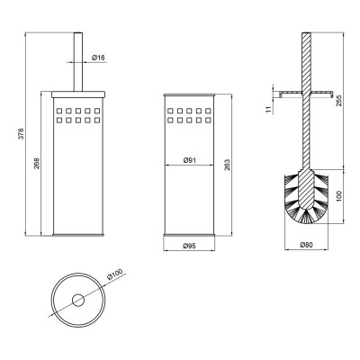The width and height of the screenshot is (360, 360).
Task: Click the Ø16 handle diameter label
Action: [x=98, y=58]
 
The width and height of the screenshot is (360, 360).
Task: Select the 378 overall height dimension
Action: [x=21, y=134]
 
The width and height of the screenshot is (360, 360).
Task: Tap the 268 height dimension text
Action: [x=37, y=163]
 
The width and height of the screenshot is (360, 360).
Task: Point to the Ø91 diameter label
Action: [x=189, y=160]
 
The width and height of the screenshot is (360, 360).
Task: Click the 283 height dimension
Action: [x=227, y=165]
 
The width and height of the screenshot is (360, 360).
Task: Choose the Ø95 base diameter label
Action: [x=189, y=246]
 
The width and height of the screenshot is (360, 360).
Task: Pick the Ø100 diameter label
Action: [x=115, y=274]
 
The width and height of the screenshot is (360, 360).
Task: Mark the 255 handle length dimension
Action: [x=338, y=101]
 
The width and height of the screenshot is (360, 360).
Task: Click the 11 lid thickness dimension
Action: [x=269, y=109]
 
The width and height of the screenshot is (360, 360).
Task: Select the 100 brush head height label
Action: [x=338, y=196]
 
